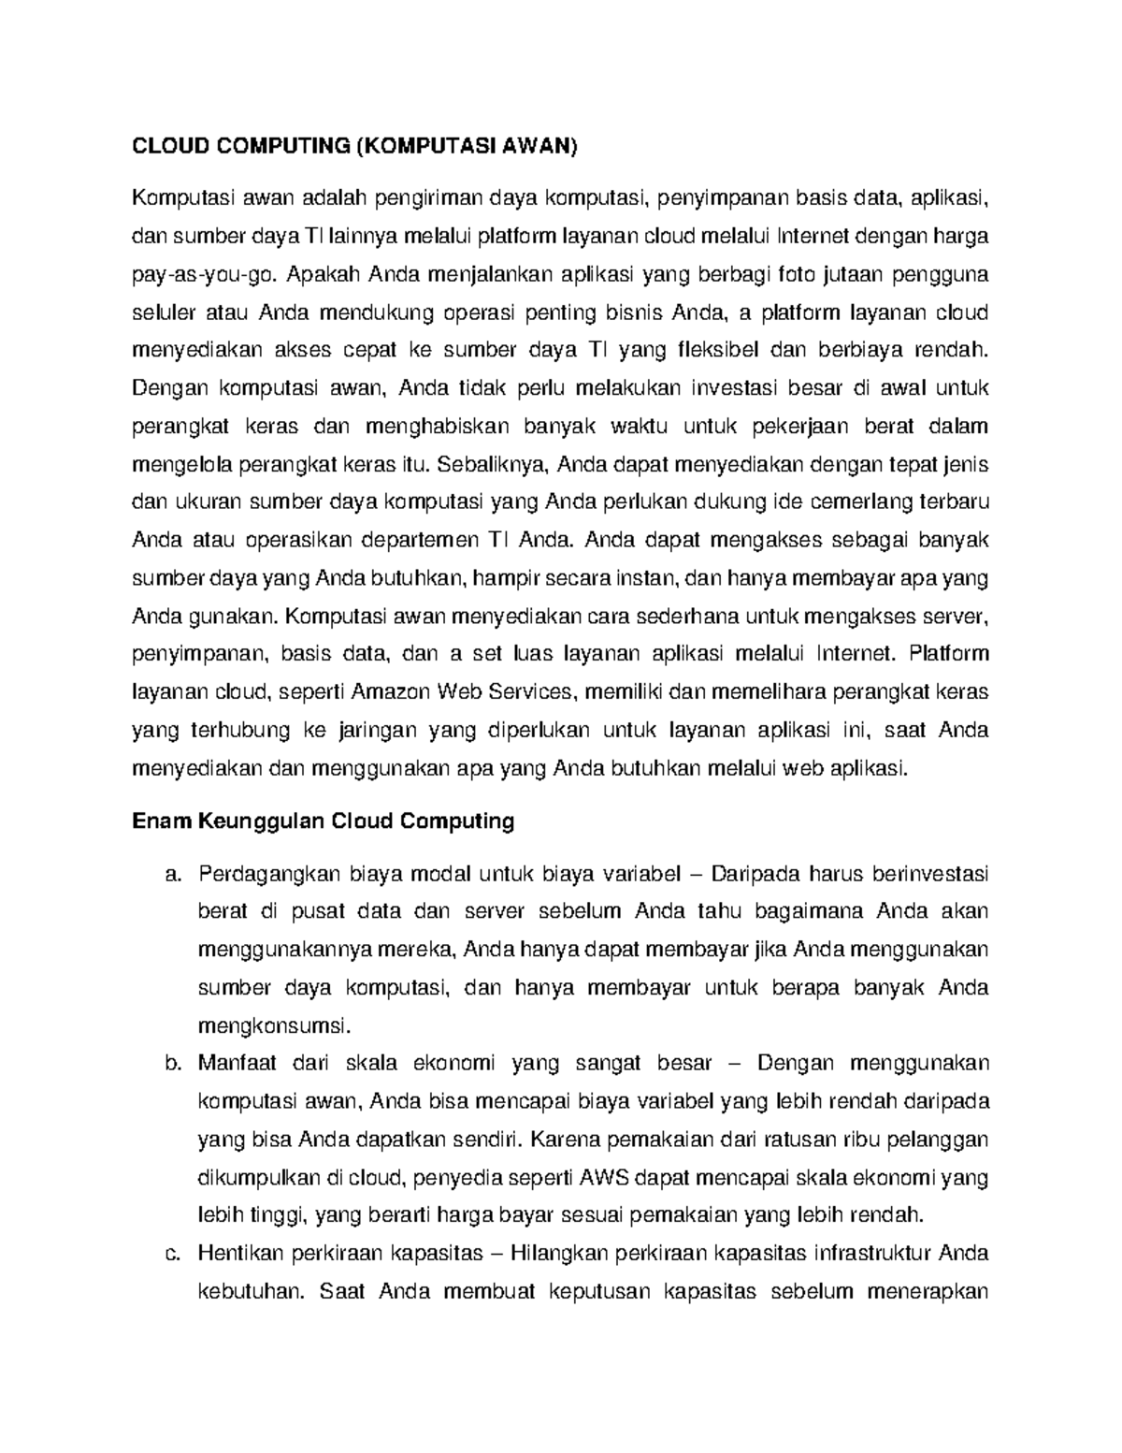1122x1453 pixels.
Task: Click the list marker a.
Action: (x=171, y=875)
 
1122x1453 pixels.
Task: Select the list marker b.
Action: (x=171, y=1064)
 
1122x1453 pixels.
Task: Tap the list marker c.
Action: (x=171, y=1254)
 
